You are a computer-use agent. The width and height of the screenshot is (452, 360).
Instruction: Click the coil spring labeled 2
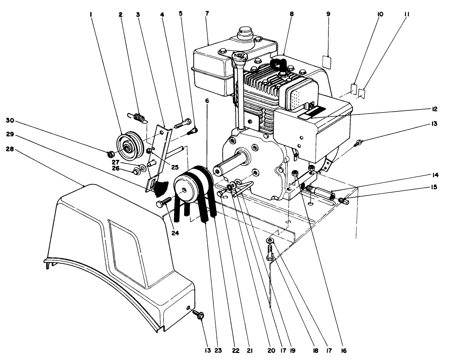pos(139,117)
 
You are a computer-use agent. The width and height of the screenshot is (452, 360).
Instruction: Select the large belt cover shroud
pos(117,249)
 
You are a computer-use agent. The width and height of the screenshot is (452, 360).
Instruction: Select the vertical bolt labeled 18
pos(270,253)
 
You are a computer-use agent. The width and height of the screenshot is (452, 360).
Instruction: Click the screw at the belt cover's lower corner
pos(200,315)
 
